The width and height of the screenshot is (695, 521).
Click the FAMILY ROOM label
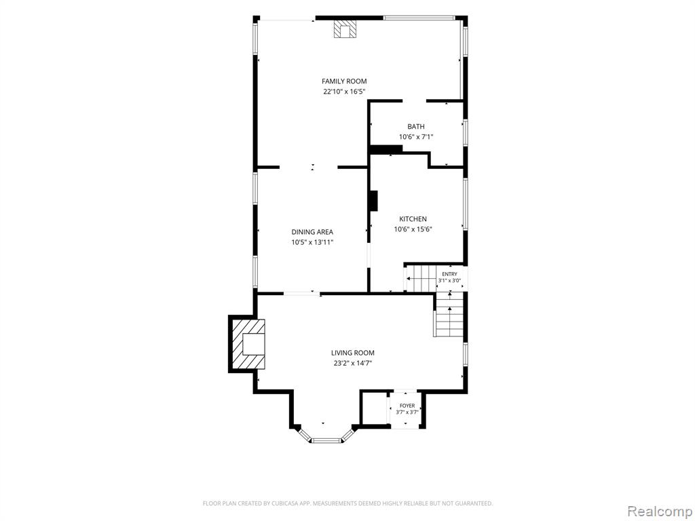click(x=344, y=81)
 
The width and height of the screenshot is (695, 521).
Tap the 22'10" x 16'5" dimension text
click(x=344, y=92)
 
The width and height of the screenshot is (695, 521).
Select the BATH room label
click(x=416, y=126)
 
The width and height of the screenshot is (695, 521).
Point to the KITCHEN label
click(x=413, y=219)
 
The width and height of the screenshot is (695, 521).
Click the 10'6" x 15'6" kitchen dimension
click(x=413, y=229)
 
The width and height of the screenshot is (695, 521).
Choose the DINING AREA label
click(x=312, y=232)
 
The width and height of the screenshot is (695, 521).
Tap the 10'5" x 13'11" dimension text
click(x=312, y=242)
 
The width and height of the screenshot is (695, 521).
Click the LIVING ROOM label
click(x=353, y=353)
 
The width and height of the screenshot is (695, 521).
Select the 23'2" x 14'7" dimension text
click(x=353, y=364)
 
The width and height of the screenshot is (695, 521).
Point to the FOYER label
click(x=407, y=406)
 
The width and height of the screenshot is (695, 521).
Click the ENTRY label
click(x=449, y=274)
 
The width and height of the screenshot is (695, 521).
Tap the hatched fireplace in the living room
click(x=247, y=344)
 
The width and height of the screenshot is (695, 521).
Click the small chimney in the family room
click(x=345, y=28)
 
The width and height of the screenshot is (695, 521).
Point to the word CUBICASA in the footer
click(x=287, y=503)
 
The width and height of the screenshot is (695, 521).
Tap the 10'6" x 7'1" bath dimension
click(x=416, y=137)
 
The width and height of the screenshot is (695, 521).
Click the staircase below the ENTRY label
click(x=449, y=314)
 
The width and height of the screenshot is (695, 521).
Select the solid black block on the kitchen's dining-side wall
click(x=374, y=201)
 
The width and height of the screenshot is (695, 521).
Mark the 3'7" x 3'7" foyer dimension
click(x=407, y=412)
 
